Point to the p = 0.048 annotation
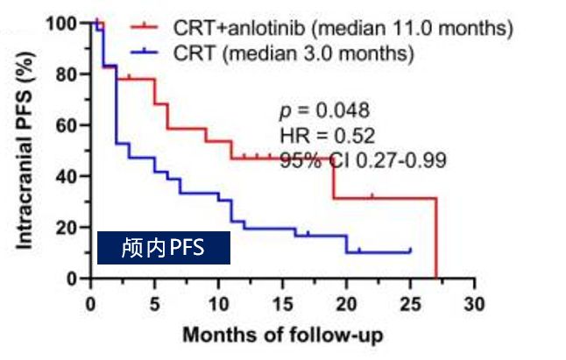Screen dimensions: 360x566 324,111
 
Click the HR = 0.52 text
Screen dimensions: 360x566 327,136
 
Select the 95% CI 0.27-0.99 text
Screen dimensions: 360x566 364,160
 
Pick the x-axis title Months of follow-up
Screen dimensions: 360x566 282,335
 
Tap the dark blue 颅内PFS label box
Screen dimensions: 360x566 163,248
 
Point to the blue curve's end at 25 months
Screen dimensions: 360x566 410,251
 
